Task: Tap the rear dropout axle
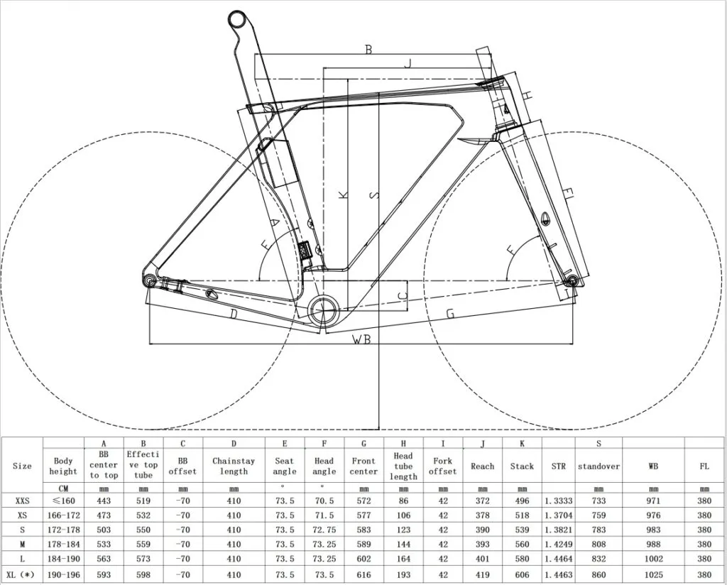(149, 280)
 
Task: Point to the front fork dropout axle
(572, 280)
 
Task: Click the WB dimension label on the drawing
(361, 339)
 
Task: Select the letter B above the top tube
(368, 49)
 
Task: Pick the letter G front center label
(450, 314)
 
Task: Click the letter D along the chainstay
(234, 315)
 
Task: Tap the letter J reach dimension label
(408, 63)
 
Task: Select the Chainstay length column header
(234, 466)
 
